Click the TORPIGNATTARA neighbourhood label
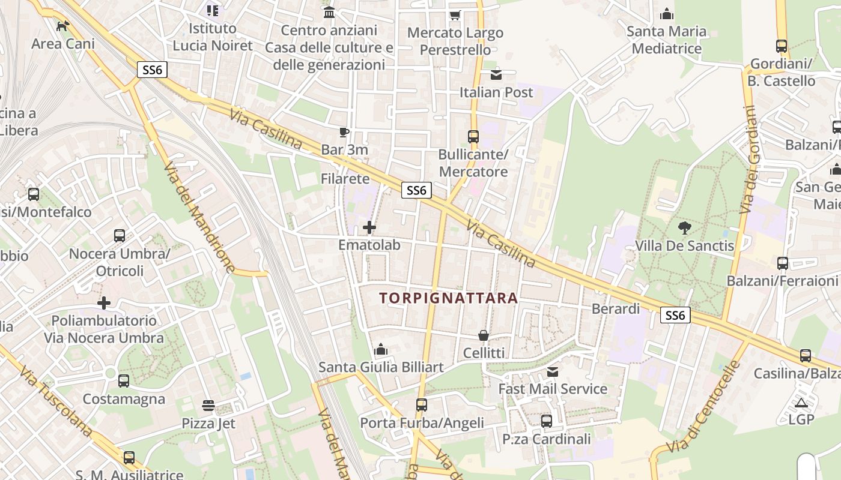click(449, 298)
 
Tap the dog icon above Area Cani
click(62, 26)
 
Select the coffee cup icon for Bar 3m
click(344, 132)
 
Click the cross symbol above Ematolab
click(369, 227)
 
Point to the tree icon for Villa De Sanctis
click(684, 227)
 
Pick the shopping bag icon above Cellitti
click(484, 335)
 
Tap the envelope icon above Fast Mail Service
click(553, 372)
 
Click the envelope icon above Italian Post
click(496, 75)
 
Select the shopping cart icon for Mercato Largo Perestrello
click(455, 15)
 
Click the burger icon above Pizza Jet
click(208, 406)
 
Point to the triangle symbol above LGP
click(801, 403)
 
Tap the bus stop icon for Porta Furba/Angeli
click(422, 405)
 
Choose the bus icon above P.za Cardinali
click(547, 421)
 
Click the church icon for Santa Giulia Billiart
click(381, 349)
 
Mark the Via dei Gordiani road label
click(750, 160)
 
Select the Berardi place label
click(616, 309)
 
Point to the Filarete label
click(345, 179)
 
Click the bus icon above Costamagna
click(124, 381)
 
